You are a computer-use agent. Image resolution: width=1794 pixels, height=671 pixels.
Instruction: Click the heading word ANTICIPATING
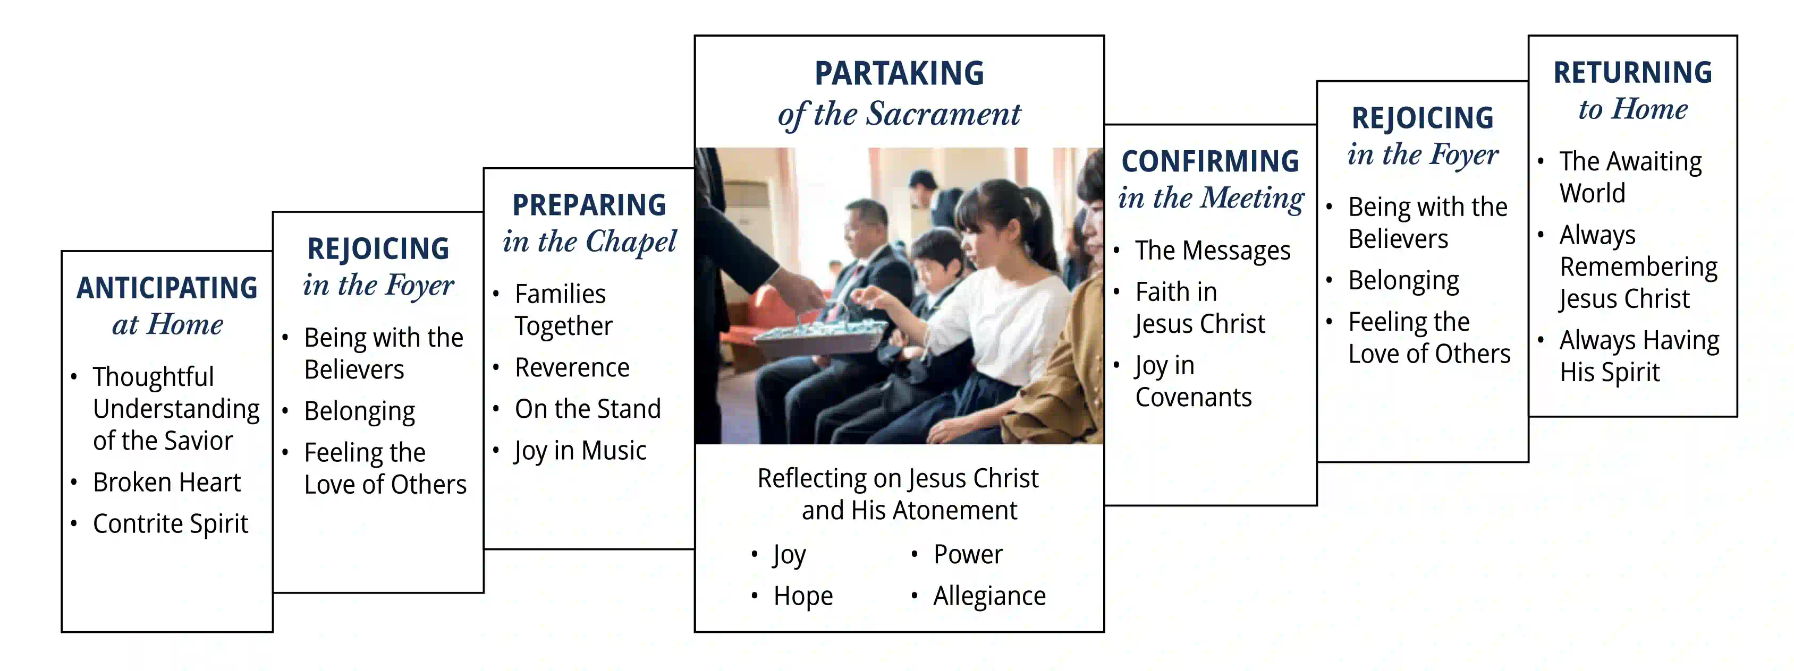click(167, 288)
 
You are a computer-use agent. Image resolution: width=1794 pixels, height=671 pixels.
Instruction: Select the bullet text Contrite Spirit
click(171, 524)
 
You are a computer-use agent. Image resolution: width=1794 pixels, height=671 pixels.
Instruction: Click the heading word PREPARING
click(589, 204)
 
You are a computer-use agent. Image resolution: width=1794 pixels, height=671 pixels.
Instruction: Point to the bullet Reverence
click(572, 367)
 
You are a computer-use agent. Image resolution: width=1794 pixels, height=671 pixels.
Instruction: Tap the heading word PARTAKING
click(899, 73)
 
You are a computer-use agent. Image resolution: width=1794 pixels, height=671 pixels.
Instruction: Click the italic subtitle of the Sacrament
click(899, 114)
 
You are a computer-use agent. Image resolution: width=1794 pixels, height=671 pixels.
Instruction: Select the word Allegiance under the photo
click(989, 596)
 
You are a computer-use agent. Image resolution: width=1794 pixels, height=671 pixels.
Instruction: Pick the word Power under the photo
click(968, 554)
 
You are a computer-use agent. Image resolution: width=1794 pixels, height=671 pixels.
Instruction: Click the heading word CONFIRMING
click(1211, 161)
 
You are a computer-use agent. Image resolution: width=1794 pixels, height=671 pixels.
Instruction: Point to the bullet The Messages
click(1213, 251)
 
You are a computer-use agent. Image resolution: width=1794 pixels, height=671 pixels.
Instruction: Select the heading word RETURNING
click(1632, 72)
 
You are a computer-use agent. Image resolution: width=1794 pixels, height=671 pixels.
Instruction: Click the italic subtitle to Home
click(1633, 109)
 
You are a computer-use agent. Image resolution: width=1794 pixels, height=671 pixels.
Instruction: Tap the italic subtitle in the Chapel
click(589, 242)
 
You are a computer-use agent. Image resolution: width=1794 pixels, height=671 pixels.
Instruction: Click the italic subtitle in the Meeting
click(1211, 199)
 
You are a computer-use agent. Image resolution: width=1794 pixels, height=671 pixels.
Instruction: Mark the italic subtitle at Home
click(168, 324)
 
